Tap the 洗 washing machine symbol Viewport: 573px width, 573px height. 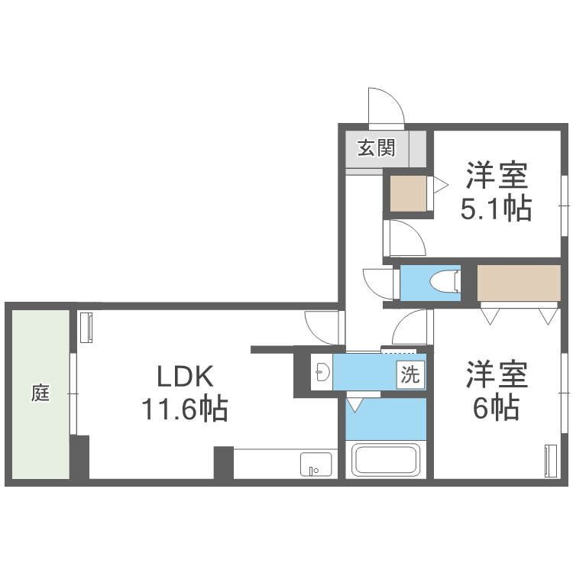pyautogui.click(x=411, y=375)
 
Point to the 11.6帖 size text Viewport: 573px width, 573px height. pyautogui.click(x=183, y=410)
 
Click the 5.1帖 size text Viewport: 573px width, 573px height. pyautogui.click(x=496, y=208)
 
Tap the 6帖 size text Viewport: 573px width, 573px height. pyautogui.click(x=496, y=409)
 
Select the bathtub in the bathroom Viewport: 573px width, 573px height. pyautogui.click(x=386, y=460)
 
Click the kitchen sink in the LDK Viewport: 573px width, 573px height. pyautogui.click(x=316, y=464)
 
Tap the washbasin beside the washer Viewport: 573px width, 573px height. pyautogui.click(x=322, y=372)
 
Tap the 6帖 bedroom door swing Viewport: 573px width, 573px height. pyautogui.click(x=413, y=329)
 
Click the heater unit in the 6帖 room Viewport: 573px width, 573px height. pyautogui.click(x=550, y=460)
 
